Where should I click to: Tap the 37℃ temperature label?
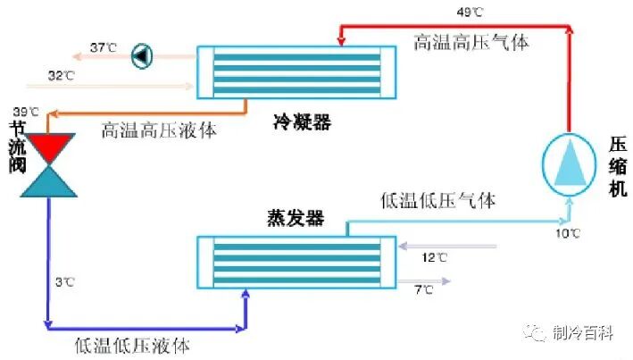coord(104,47)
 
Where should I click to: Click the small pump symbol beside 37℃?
coord(141,55)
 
